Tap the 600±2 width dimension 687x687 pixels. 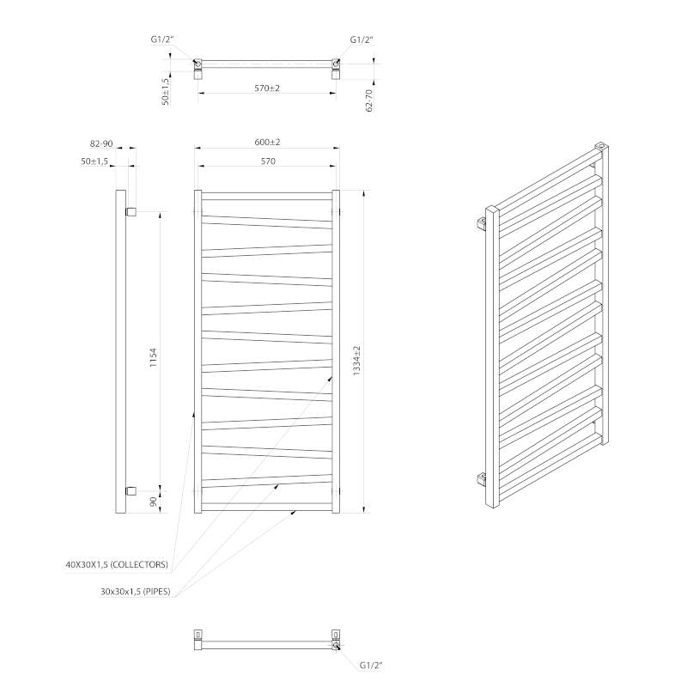268,142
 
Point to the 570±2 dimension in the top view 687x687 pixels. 268,88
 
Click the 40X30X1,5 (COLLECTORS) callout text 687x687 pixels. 116,565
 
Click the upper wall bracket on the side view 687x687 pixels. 131,210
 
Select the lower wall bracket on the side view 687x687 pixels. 131,490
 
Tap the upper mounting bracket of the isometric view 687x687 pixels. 482,224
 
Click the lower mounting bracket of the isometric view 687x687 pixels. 482,477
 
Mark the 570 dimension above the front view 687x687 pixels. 268,161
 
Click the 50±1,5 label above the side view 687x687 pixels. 94,161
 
